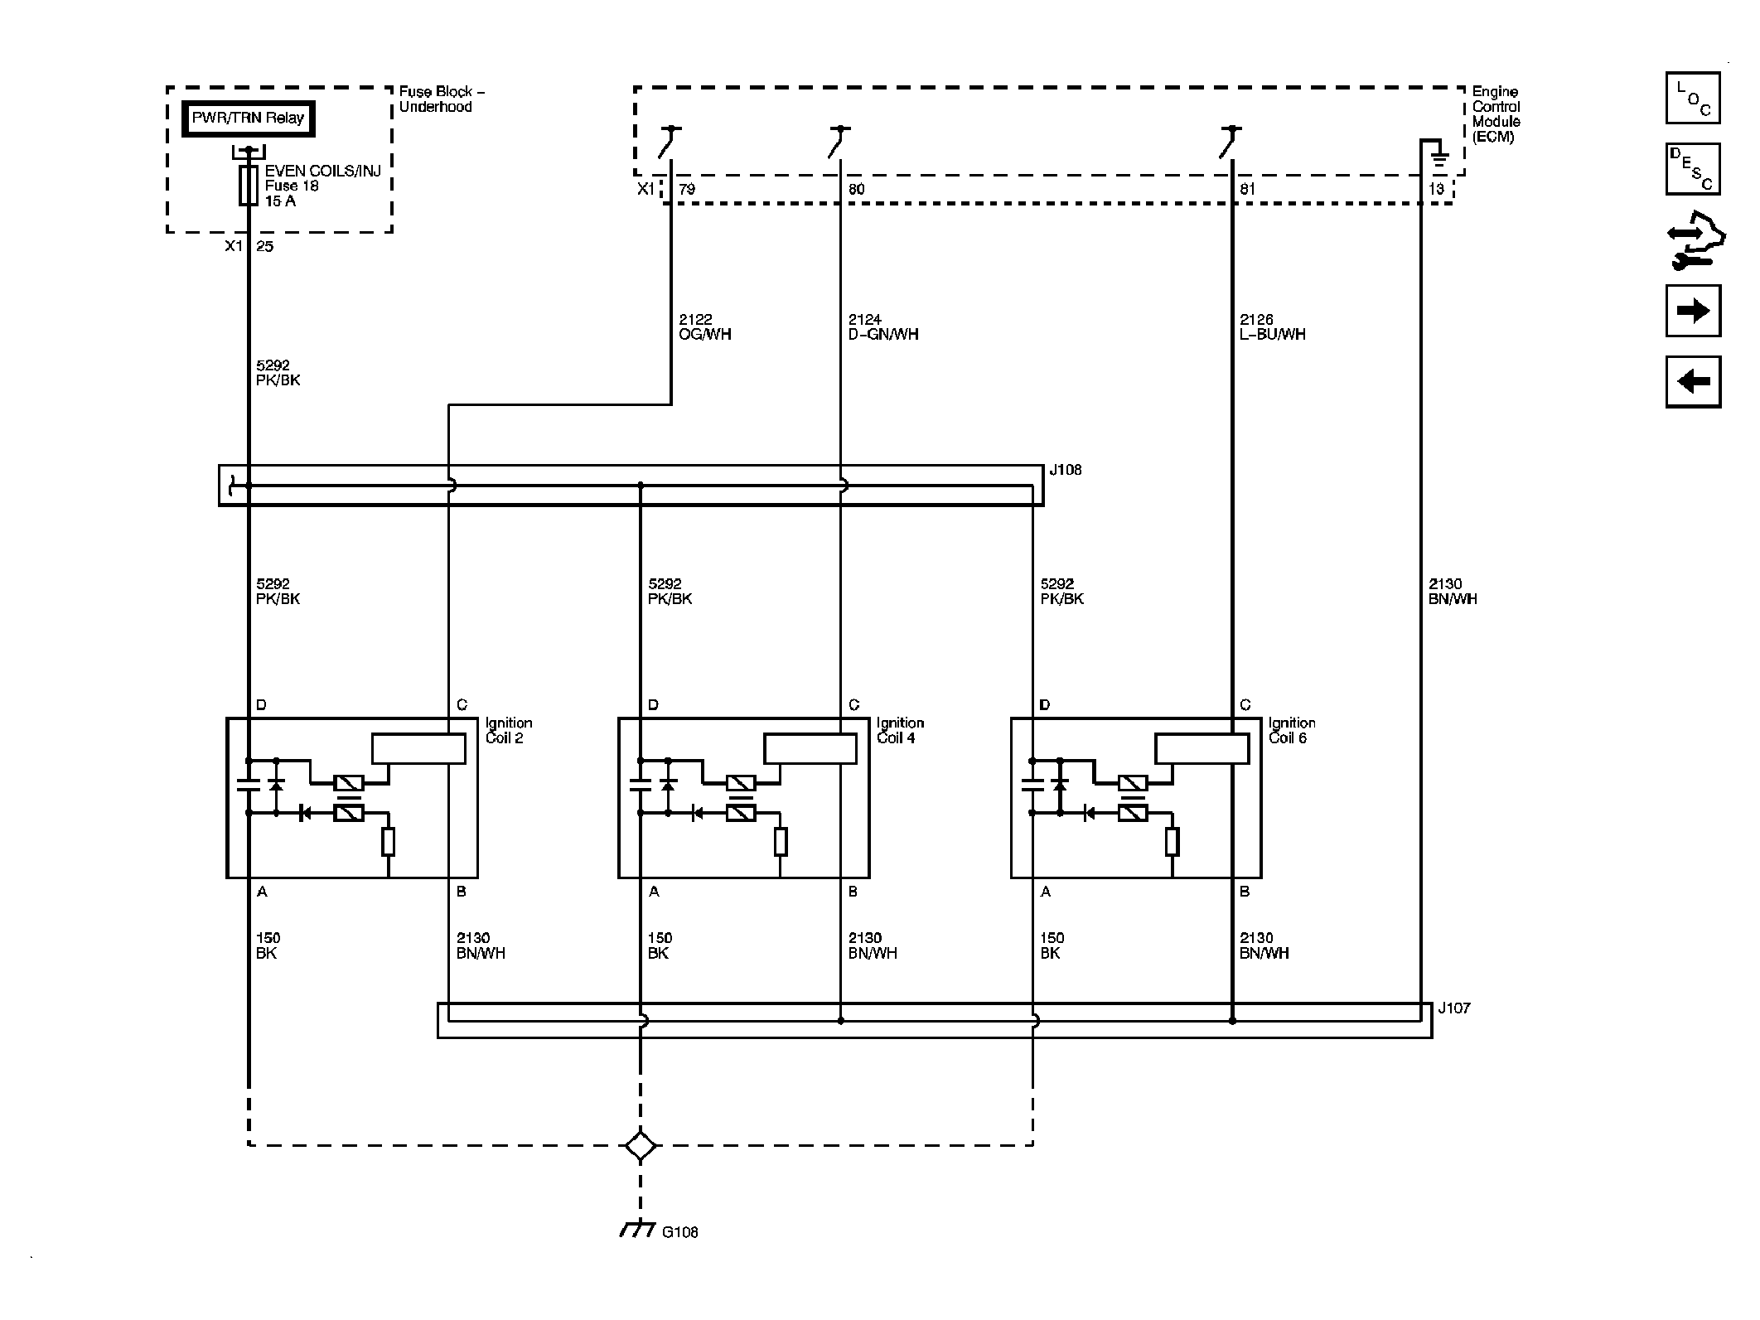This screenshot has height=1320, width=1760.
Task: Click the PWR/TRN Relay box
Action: (249, 118)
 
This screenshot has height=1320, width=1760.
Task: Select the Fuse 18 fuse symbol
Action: (248, 185)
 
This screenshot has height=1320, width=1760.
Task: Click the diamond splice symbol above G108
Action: (641, 1146)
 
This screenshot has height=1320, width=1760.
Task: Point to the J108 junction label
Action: (1066, 470)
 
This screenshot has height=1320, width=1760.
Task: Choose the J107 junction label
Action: (1454, 1008)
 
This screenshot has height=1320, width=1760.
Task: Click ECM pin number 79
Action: (687, 189)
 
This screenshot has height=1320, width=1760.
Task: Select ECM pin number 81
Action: (1247, 189)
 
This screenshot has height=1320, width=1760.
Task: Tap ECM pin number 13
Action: (1436, 189)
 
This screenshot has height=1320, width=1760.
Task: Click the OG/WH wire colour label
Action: (705, 335)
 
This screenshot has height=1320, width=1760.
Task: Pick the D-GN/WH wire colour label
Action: (883, 335)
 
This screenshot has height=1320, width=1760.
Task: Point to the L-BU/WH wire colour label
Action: (1273, 335)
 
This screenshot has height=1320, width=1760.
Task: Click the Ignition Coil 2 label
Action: (508, 731)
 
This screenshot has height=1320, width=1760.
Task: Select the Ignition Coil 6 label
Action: (1292, 731)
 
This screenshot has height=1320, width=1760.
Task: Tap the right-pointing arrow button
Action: (1693, 311)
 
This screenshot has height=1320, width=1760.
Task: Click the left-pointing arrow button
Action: (1693, 382)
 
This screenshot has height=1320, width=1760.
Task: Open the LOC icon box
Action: (1693, 98)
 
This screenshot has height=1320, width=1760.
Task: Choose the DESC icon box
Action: (1693, 169)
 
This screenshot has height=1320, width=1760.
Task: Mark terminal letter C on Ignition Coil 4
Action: (854, 705)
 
